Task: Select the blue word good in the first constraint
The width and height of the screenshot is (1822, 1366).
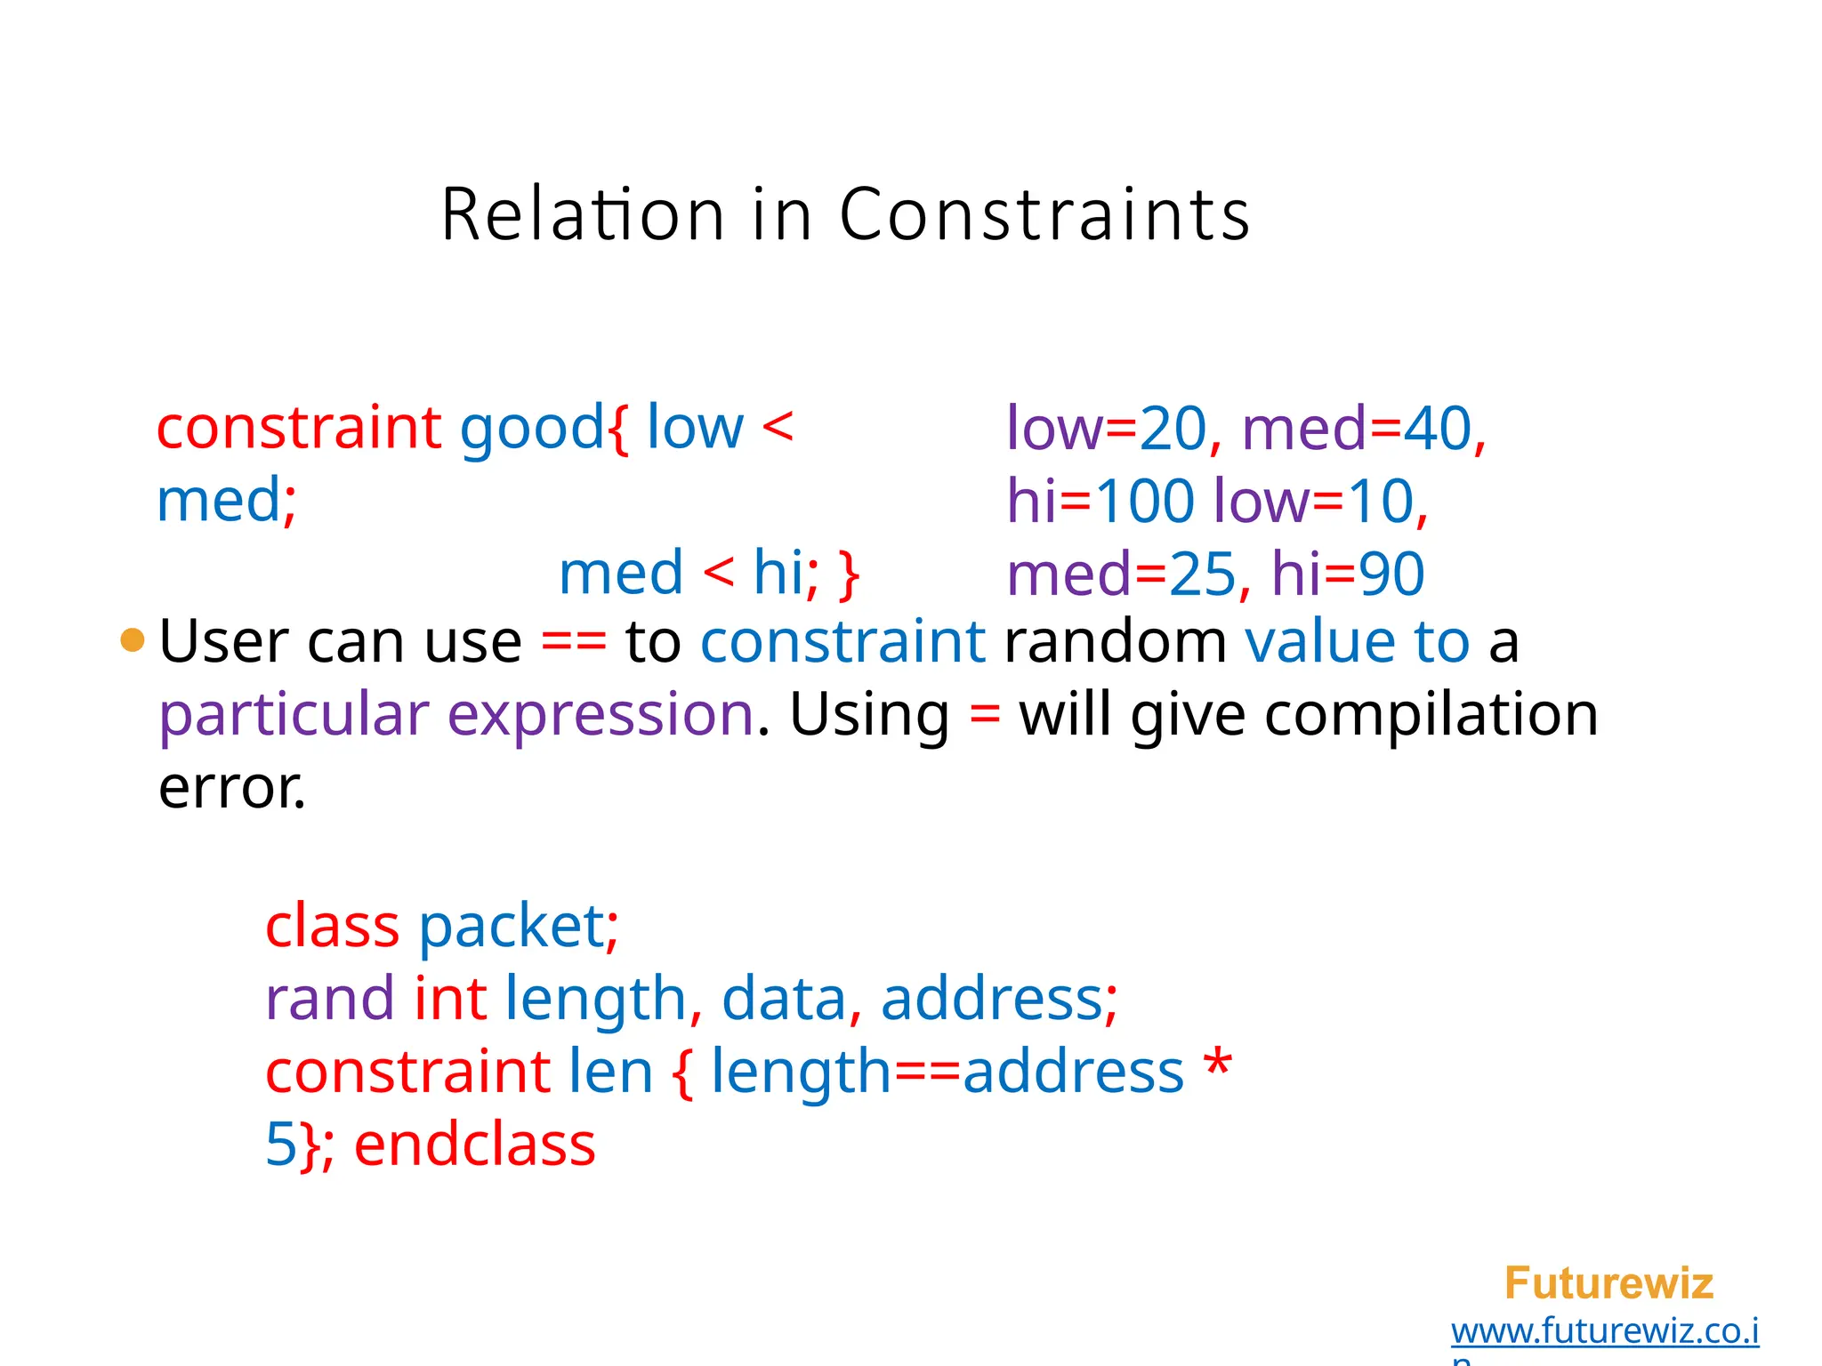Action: pyautogui.click(x=532, y=428)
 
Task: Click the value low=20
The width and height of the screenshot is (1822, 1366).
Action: pyautogui.click(x=1106, y=428)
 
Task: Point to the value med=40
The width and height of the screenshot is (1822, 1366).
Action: pyautogui.click(x=1357, y=428)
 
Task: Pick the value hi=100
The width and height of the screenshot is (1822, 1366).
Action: pyautogui.click(x=1100, y=501)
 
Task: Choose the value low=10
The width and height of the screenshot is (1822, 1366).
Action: pyautogui.click(x=1313, y=501)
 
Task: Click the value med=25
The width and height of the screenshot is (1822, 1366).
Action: pyautogui.click(x=1122, y=574)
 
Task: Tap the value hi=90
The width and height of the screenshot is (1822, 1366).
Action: pyautogui.click(x=1347, y=574)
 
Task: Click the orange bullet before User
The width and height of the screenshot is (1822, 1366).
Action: pyautogui.click(x=133, y=639)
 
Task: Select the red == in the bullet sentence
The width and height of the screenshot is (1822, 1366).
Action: pyautogui.click(x=574, y=641)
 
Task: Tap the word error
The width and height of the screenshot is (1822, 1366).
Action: pyautogui.click(x=231, y=788)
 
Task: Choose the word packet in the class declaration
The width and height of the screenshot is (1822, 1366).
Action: pyautogui.click(x=512, y=926)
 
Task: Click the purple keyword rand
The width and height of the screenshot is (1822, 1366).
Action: pyautogui.click(x=330, y=999)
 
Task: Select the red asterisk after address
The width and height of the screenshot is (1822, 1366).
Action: pyautogui.click(x=1216, y=1065)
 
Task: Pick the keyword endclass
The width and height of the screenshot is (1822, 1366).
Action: pyautogui.click(x=474, y=1145)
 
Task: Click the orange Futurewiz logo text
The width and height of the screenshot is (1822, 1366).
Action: pyautogui.click(x=1608, y=1283)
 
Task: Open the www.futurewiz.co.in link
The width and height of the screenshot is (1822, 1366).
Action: pyautogui.click(x=1604, y=1331)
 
